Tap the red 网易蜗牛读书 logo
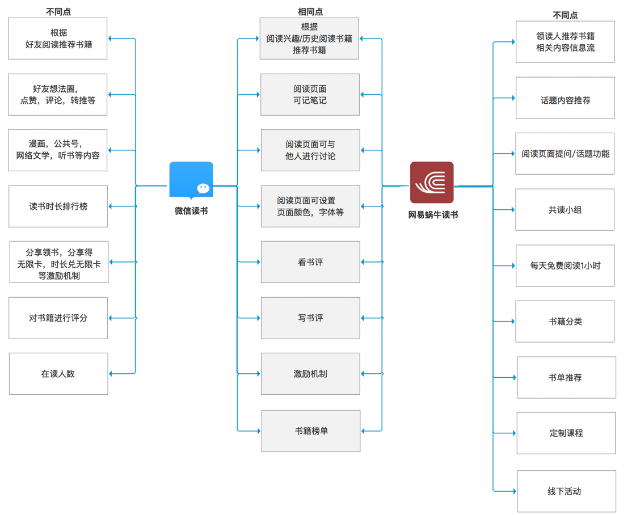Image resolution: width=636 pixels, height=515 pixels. click(x=432, y=182)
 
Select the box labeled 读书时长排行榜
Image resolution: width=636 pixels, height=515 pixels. click(x=58, y=206)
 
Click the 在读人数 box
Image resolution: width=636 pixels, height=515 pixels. click(x=58, y=374)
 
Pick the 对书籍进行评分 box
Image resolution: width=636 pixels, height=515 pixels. click(x=58, y=318)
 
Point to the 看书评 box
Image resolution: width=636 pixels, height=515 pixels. click(x=310, y=262)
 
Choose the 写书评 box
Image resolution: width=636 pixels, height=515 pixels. click(x=310, y=318)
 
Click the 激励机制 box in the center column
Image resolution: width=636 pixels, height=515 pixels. click(x=310, y=374)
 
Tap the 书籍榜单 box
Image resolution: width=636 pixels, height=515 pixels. click(x=311, y=431)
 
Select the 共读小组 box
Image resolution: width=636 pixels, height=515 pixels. click(x=565, y=210)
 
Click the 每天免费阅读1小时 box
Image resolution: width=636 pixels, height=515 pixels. click(x=565, y=265)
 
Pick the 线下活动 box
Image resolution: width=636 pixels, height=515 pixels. click(x=566, y=491)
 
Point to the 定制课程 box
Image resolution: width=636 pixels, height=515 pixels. click(x=566, y=433)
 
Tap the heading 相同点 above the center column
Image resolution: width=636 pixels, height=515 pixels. click(x=310, y=11)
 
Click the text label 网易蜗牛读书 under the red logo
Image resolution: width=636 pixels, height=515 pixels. click(x=433, y=214)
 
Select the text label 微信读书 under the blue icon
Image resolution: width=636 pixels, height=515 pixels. click(x=191, y=211)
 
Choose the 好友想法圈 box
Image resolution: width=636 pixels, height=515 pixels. click(x=58, y=95)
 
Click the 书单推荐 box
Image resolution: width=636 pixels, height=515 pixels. click(x=566, y=377)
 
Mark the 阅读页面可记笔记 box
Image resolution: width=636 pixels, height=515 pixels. click(x=310, y=95)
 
